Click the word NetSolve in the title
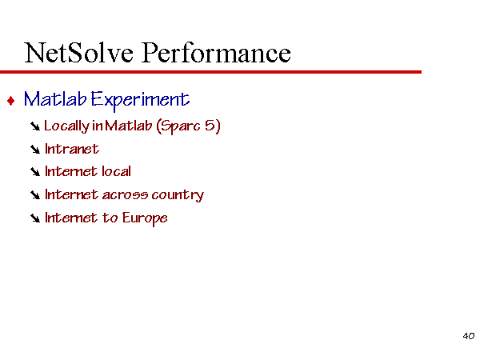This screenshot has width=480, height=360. tap(78, 53)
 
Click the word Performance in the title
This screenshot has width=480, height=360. tap(216, 53)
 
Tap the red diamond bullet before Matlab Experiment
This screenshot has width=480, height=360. tap(11, 101)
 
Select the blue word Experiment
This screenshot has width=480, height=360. tap(140, 100)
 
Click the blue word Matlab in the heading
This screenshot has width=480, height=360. tap(55, 99)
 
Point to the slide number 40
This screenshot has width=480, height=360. tap(469, 336)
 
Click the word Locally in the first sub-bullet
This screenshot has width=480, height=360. tap(66, 126)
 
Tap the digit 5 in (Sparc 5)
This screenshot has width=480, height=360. tap(210, 126)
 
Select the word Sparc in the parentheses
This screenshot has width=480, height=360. tap(180, 126)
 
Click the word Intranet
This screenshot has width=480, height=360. tap(72, 149)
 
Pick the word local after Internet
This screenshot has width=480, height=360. tap(117, 171)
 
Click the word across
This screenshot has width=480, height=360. tap(125, 195)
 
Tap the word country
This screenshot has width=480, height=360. tap(178, 195)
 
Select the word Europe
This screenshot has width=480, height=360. tap(145, 218)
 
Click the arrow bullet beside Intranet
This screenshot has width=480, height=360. tap(35, 150)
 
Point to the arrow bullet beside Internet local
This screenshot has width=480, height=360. tap(35, 172)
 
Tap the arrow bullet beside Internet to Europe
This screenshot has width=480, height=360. tap(35, 218)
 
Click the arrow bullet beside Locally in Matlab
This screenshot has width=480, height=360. tap(35, 126)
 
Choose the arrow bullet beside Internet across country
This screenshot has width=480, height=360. tap(35, 195)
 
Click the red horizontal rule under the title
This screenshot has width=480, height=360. tap(210, 72)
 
